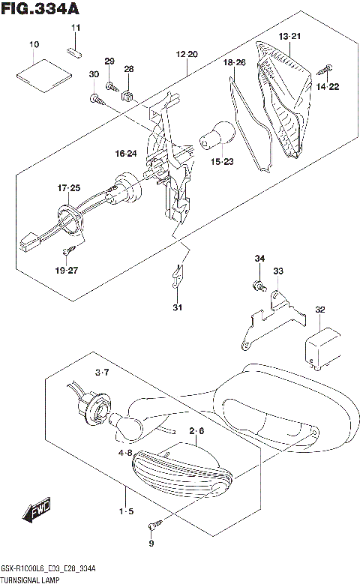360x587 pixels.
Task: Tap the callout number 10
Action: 34,46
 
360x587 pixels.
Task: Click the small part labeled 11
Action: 75,52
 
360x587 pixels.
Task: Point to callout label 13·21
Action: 289,37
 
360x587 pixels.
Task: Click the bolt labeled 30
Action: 95,97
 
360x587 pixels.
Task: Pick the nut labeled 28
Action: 127,94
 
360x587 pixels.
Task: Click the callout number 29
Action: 109,61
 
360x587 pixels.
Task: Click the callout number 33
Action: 278,271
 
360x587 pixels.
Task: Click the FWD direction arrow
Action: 36,513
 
